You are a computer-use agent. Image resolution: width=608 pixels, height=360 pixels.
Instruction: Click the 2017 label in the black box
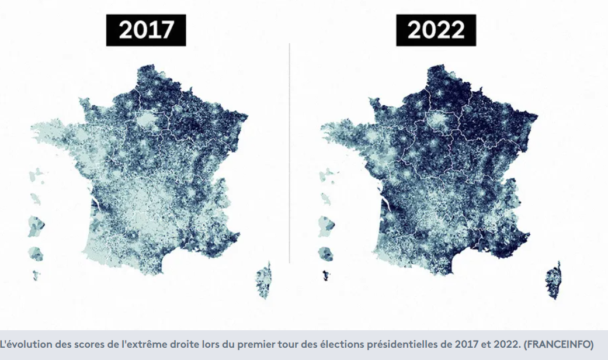[146, 30]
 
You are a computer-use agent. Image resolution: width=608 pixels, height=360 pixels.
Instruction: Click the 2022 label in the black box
[436, 30]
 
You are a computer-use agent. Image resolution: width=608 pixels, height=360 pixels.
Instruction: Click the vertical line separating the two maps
[290, 152]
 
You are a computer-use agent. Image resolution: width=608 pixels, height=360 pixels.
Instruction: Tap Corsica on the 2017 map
[265, 281]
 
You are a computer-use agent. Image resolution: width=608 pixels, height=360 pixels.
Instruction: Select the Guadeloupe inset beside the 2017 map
[38, 174]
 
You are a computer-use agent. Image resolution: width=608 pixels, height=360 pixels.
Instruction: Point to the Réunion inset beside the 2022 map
[325, 254]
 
